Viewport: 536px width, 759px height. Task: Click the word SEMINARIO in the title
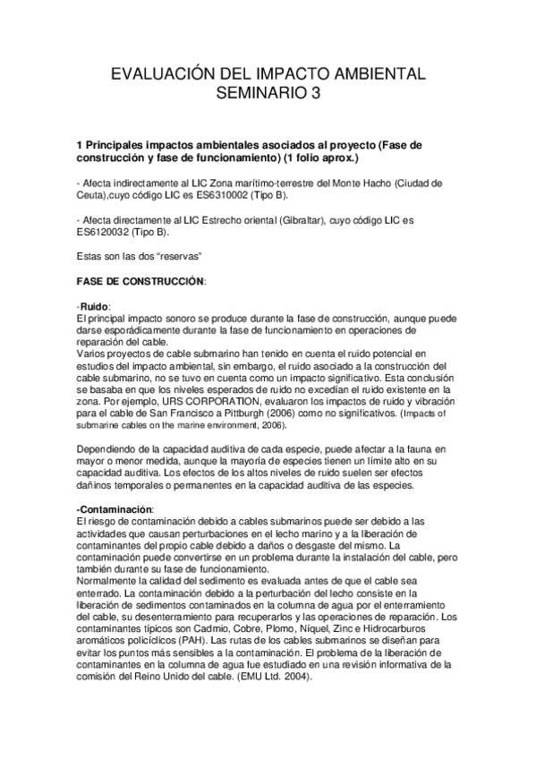[x=260, y=92]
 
